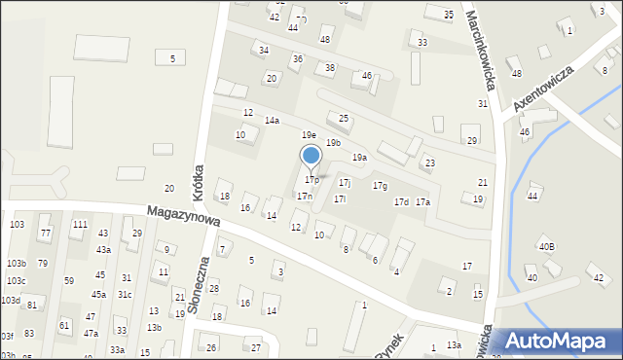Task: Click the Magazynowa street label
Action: coord(183,216)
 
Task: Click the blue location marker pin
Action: coord(311,158)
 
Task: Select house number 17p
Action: coord(311,180)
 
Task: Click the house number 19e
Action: coord(308,135)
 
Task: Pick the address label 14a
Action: coord(272,121)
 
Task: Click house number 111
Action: coord(80,225)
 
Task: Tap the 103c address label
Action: coord(17,281)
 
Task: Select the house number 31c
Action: coord(125,294)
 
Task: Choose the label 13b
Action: coord(154,328)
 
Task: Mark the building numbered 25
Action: coord(343,118)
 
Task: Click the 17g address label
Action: coord(380,186)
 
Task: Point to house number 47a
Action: coord(91,334)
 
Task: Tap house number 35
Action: coord(448,15)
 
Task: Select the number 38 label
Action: coord(330,67)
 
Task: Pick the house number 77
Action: coord(45,234)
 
